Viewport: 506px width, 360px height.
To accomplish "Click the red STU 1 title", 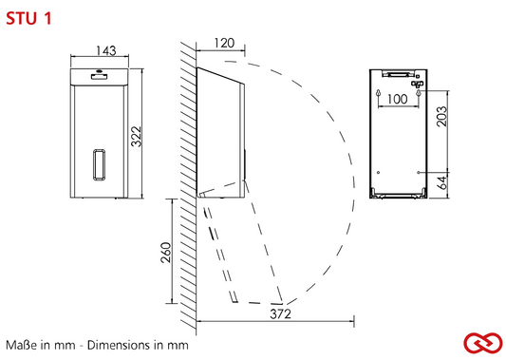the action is click(28, 18).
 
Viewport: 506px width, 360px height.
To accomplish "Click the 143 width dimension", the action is click(106, 50).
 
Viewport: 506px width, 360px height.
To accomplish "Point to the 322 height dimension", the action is click(136, 136).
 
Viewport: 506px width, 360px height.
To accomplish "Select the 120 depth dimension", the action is click(224, 43).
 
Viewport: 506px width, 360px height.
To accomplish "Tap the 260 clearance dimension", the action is click(166, 253).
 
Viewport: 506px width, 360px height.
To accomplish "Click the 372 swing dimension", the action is click(280, 313).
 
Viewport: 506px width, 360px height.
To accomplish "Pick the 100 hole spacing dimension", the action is click(397, 99).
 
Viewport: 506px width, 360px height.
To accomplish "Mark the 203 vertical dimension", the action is click(441, 116).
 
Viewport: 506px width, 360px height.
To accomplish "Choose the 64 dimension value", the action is click(442, 182).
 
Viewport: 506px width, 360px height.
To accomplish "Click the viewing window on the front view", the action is click(99, 164).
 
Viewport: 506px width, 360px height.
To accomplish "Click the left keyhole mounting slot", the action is click(378, 93).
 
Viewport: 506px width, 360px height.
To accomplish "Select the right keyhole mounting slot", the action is click(419, 93).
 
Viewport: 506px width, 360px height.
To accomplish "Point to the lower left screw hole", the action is click(378, 173).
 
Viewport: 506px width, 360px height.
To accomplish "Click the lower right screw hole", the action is click(419, 173).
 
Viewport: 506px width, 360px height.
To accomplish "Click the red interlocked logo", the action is click(483, 343).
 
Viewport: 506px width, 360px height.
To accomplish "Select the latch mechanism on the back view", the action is click(417, 84).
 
